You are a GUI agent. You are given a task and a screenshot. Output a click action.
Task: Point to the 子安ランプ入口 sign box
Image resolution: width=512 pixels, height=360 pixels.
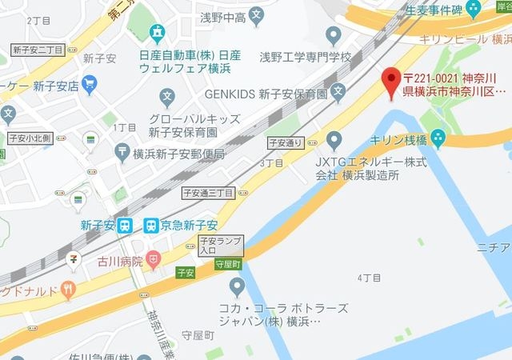coord(219,245)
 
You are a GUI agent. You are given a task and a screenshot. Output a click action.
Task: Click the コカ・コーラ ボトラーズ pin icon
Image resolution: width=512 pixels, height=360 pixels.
coord(237,286)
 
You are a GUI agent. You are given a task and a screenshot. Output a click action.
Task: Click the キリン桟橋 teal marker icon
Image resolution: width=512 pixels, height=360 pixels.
coord(438,138)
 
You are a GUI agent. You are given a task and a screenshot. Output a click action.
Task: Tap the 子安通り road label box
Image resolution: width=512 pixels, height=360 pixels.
coord(284,142)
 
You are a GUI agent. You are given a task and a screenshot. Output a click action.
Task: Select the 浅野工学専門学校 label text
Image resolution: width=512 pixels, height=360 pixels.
coord(306,58)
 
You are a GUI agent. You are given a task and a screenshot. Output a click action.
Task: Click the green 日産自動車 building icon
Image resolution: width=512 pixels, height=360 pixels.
coord(157,33)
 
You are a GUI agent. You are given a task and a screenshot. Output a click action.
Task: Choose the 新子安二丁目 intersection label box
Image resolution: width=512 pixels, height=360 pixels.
coord(38,50)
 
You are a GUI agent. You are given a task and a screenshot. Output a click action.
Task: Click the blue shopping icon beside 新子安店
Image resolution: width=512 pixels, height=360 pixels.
coord(89,82)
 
